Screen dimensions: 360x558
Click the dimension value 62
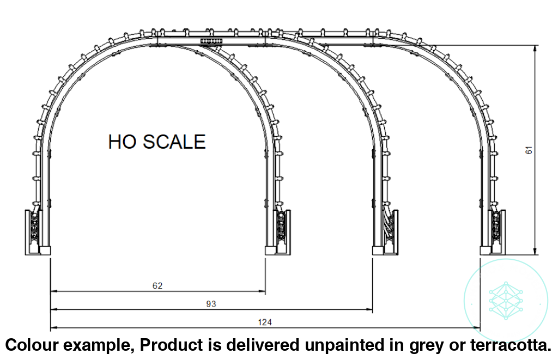click(158, 285)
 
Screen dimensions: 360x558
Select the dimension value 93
click(211, 304)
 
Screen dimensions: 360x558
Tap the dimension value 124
click(265, 322)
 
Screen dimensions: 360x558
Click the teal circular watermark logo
click(505, 300)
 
